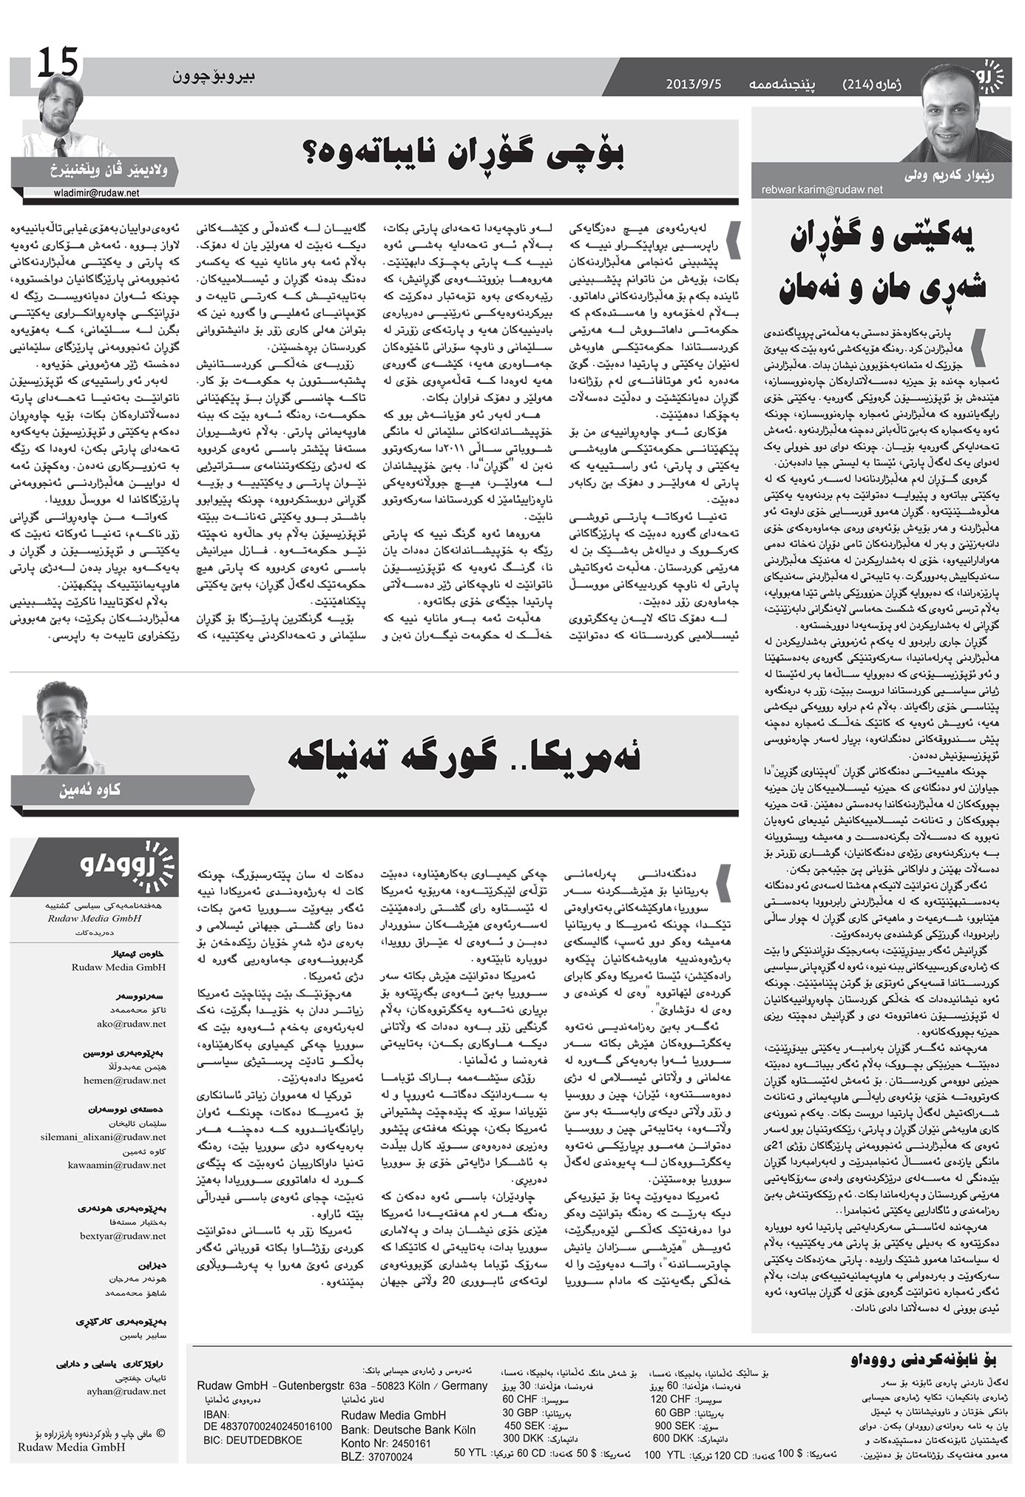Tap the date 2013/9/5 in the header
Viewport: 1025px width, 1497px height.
click(693, 83)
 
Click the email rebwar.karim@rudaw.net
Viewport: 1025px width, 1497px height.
click(822, 190)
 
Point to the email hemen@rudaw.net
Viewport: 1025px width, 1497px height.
click(134, 1080)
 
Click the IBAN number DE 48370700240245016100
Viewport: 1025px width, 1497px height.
click(267, 1426)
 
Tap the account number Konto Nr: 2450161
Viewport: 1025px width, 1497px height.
click(386, 1443)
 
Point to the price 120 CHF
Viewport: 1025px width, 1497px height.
click(670, 1399)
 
